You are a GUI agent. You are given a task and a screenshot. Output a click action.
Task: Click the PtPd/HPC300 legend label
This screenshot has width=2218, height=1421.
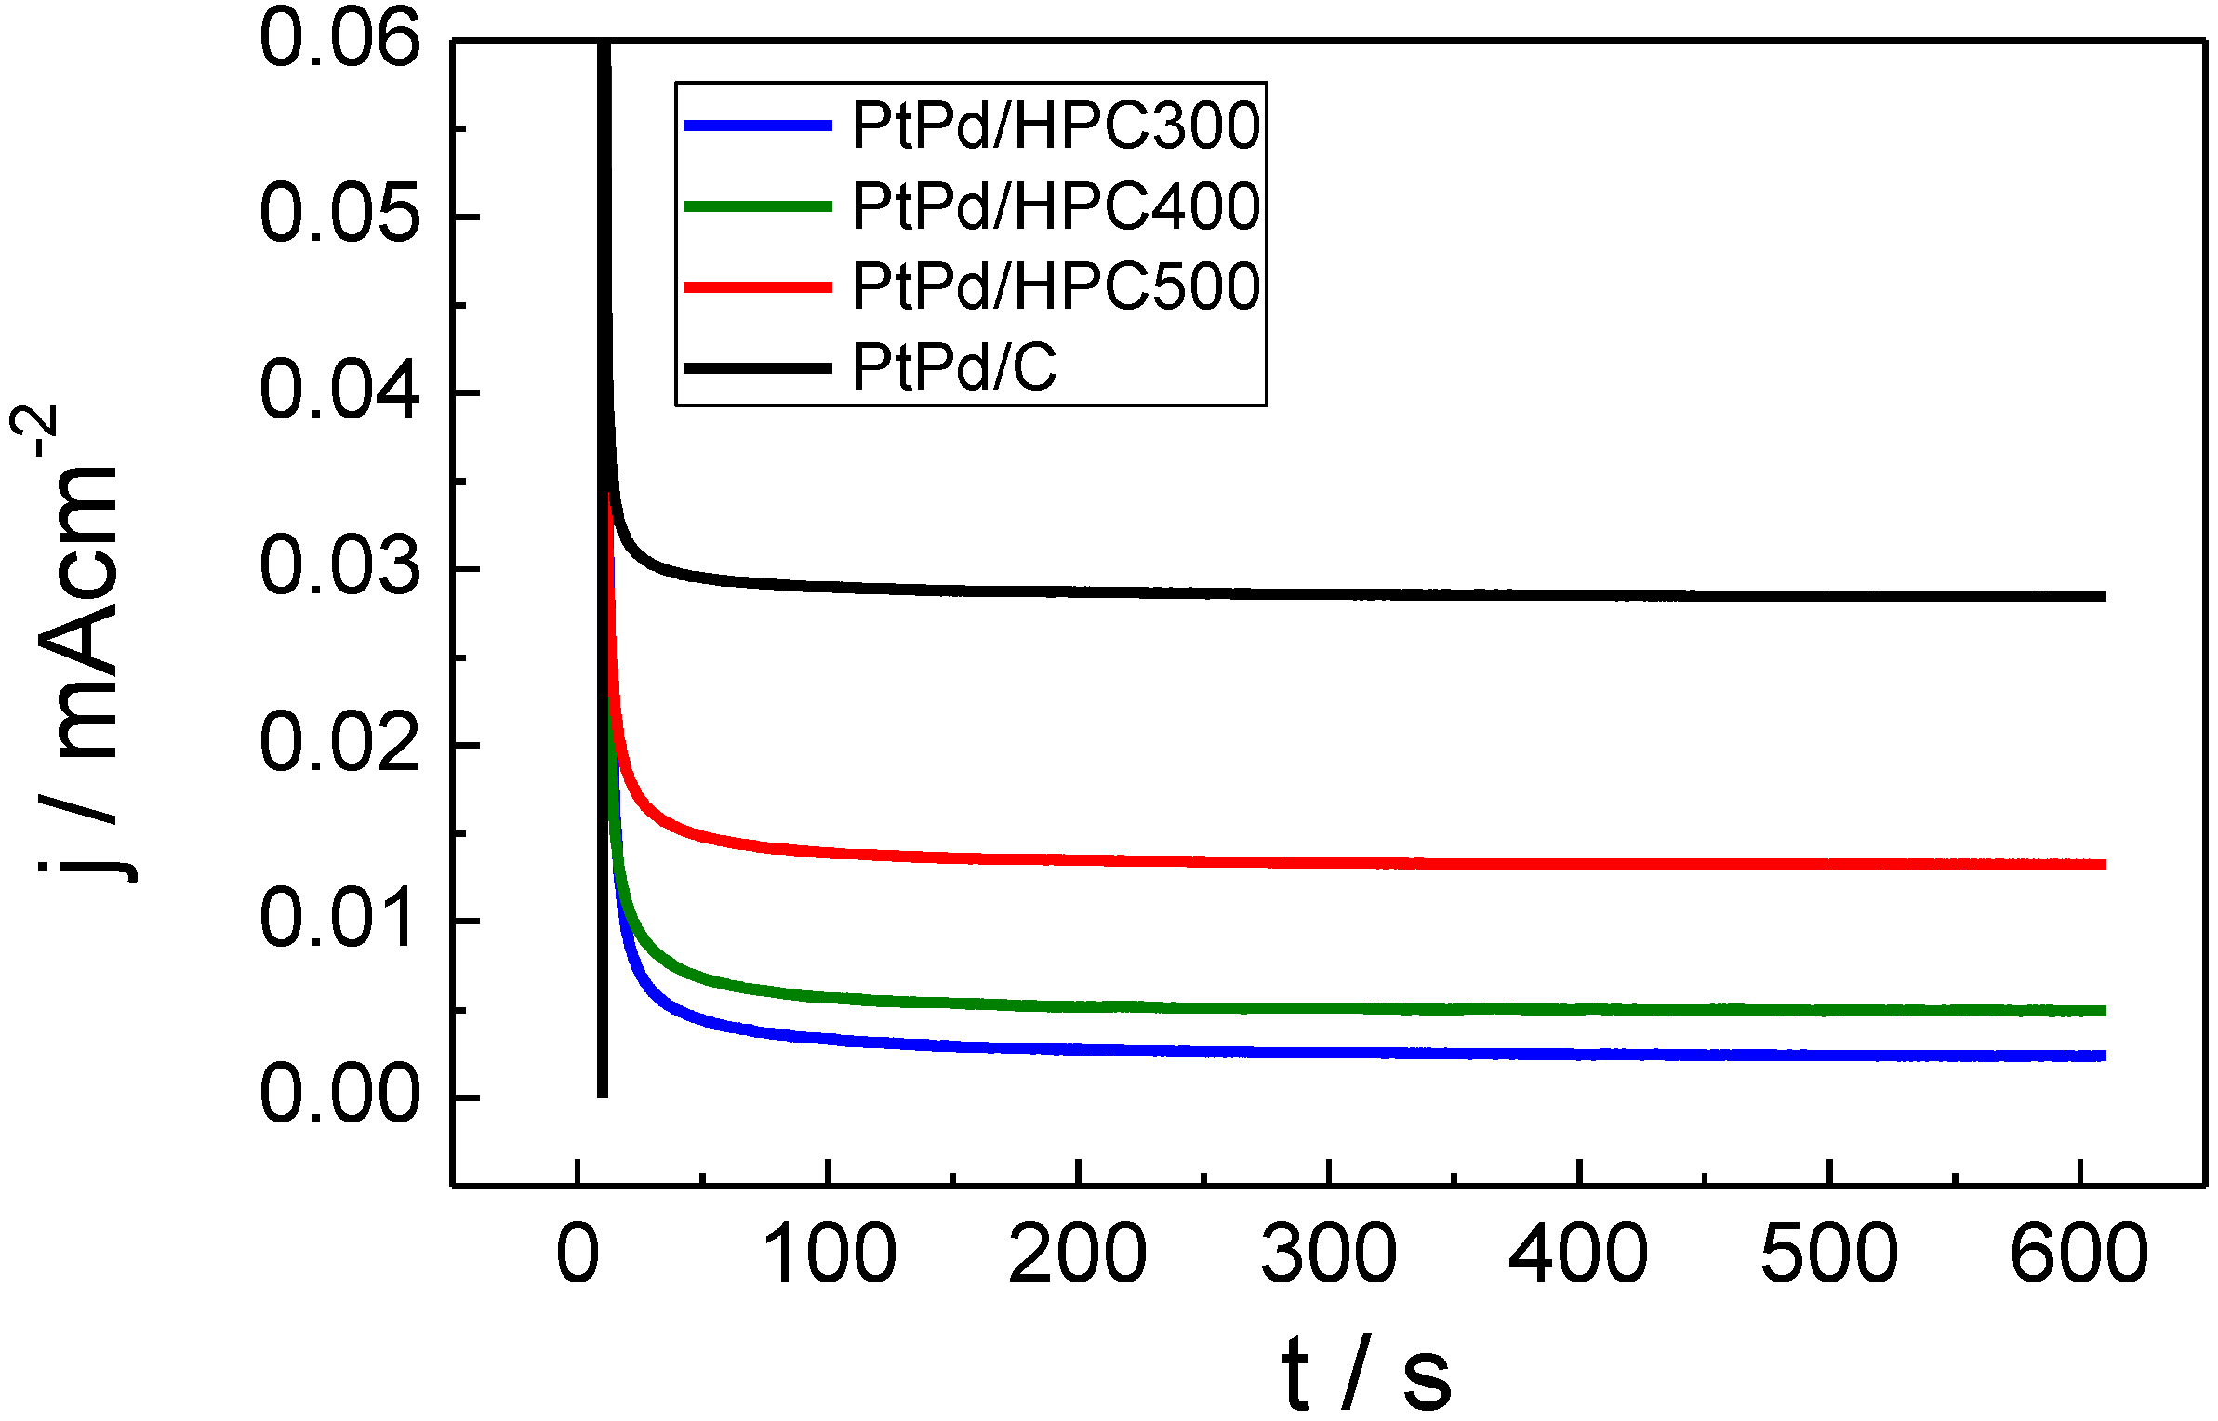pos(1055,126)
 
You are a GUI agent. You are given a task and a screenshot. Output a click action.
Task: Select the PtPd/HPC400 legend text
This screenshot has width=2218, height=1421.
pos(1055,206)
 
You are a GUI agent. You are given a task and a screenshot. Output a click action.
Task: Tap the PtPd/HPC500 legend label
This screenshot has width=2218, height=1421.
pos(1055,286)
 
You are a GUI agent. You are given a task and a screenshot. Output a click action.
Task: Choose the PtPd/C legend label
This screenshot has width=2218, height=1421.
pos(954,367)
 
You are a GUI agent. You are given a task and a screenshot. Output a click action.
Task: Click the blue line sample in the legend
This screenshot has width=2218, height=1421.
pos(757,126)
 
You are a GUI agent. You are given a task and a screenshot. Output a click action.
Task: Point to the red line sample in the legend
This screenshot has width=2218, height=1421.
pos(757,286)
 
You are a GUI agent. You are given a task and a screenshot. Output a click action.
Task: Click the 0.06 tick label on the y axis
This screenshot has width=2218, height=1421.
pos(339,39)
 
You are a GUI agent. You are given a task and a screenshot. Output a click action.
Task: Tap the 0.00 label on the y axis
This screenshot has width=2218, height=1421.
pos(339,1094)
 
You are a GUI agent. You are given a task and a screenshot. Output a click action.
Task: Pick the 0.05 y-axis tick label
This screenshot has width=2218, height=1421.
pos(339,215)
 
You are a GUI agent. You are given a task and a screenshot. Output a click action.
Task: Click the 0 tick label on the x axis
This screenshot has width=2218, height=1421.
pos(578,1255)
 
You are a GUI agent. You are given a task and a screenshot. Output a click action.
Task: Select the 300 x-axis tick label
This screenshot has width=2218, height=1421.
pos(1328,1255)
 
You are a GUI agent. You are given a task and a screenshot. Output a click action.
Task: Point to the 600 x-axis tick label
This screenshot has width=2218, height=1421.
pos(2079,1255)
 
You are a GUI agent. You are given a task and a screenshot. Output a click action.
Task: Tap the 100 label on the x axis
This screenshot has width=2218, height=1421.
pos(829,1255)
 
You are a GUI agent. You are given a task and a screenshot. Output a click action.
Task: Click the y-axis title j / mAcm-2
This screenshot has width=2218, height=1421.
pos(74,642)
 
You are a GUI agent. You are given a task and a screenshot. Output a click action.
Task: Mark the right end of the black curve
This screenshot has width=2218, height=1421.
pos(2103,596)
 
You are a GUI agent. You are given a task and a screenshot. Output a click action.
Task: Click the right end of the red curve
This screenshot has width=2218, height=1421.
pos(2103,865)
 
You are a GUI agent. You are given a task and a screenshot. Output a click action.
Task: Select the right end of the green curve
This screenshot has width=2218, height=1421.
pos(2103,1011)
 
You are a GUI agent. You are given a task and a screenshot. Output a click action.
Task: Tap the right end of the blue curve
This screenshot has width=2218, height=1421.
pos(2103,1056)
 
